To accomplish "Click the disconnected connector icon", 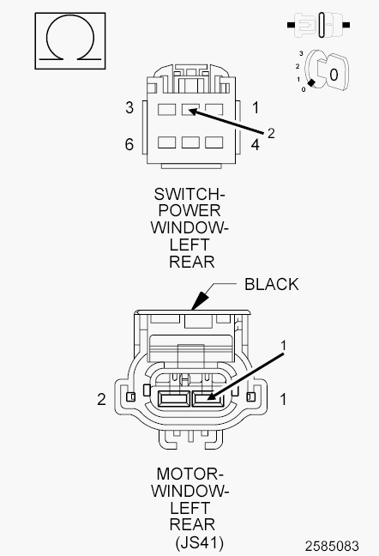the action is click(318, 25).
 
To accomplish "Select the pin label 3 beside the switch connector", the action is click(129, 107).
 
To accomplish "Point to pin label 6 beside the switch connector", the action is click(129, 144).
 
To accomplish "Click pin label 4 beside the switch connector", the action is click(256, 145).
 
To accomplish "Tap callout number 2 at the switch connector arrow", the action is click(271, 133).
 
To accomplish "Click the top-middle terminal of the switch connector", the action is click(190, 110).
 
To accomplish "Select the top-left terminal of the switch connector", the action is click(167, 110).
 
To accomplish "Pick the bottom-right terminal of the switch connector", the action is click(214, 142).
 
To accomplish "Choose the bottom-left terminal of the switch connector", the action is click(167, 142).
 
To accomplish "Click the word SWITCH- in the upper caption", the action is click(189, 194).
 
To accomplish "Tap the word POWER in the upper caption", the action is click(189, 210).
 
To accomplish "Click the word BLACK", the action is click(272, 284).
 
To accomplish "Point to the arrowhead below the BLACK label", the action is click(199, 300).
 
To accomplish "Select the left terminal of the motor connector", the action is click(173, 399).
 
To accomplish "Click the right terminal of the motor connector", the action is click(208, 399).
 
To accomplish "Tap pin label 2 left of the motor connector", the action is click(102, 399).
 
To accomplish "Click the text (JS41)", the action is click(200, 542).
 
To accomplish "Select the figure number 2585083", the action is click(332, 546).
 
